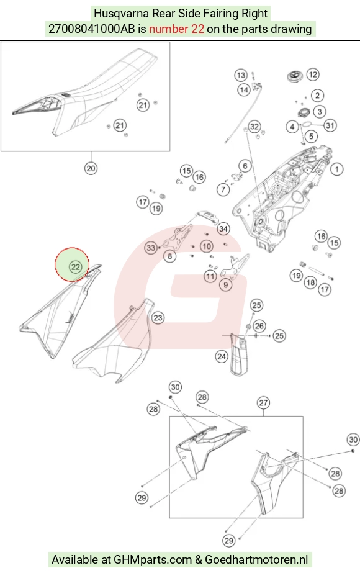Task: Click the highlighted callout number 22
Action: [75, 267]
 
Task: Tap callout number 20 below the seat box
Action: [91, 168]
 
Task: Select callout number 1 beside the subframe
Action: [336, 169]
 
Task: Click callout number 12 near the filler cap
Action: [312, 74]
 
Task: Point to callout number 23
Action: [158, 318]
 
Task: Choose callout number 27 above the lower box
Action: [263, 403]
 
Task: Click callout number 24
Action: [222, 356]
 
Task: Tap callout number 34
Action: [223, 229]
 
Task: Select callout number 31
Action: [330, 125]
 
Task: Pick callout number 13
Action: [240, 76]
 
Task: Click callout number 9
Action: [225, 285]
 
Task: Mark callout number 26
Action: [259, 325]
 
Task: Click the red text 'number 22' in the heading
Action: [176, 29]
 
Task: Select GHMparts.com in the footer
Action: [153, 559]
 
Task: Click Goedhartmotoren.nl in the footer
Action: [256, 559]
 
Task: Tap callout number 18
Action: [311, 282]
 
